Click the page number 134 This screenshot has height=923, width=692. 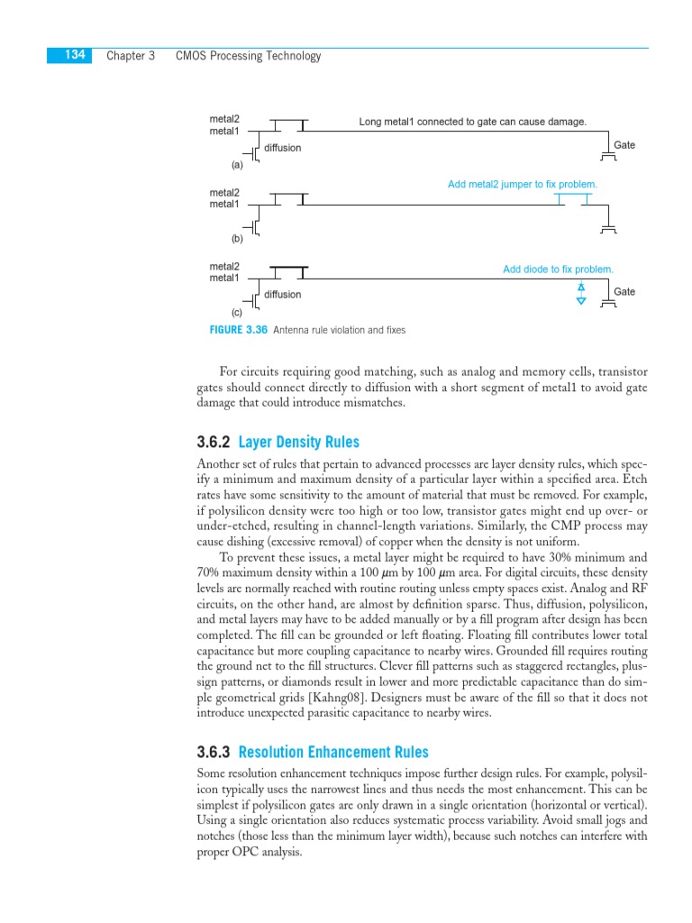(75, 56)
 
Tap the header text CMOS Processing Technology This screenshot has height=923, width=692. (248, 56)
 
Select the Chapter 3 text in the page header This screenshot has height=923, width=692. (131, 56)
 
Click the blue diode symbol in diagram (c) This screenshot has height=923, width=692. (581, 293)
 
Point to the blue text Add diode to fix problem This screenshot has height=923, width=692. (558, 270)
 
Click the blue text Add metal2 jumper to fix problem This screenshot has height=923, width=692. (523, 185)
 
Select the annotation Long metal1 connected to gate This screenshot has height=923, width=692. (472, 122)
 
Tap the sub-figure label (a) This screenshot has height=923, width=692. (237, 165)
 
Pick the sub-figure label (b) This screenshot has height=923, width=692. (237, 239)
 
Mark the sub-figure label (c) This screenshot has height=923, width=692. (237, 312)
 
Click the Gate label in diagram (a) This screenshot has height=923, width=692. (624, 145)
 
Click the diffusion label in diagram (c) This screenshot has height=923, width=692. (282, 295)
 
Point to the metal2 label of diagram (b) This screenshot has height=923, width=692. (224, 193)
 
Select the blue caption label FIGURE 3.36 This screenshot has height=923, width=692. (239, 330)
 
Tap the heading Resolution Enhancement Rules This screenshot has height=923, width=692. (333, 752)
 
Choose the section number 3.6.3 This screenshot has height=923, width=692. (214, 752)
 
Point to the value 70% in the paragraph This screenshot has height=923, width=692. (209, 573)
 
